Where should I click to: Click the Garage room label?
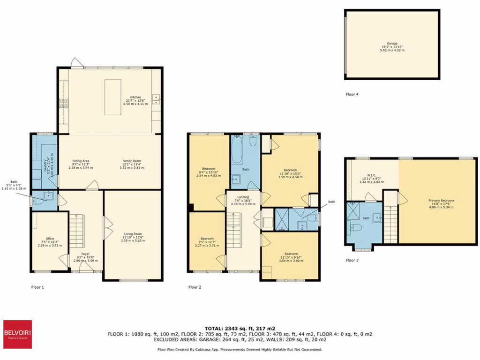click(392, 46)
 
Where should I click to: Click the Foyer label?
click(85, 257)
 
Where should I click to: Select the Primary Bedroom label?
click(441, 203)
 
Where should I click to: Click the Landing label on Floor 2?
click(243, 201)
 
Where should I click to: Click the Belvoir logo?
click(17, 334)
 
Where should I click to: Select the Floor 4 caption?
click(352, 94)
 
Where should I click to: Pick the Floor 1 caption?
click(37, 287)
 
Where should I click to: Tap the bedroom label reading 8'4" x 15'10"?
click(209, 172)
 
